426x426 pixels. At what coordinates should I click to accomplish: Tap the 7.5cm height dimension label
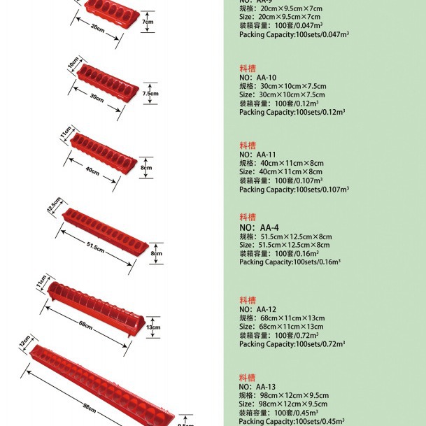[x=150, y=93]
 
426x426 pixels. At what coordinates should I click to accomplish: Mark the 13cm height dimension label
[x=153, y=327]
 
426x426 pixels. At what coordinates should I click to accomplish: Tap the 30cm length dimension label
[x=97, y=98]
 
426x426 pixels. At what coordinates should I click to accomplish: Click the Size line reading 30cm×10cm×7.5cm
[x=282, y=94]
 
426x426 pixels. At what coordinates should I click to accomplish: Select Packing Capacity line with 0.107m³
[x=294, y=189]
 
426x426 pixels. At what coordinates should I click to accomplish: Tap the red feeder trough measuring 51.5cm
[x=105, y=229]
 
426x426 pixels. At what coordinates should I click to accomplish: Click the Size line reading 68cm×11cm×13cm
[x=281, y=327]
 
